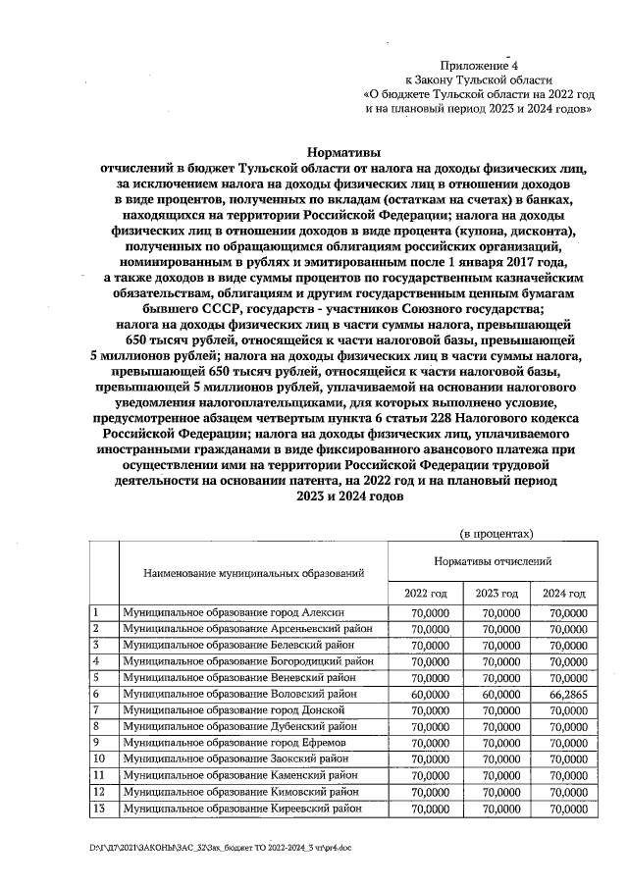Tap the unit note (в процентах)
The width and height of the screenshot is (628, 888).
click(497, 534)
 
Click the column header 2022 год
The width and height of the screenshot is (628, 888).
click(425, 594)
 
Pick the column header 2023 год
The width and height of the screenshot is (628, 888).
click(497, 594)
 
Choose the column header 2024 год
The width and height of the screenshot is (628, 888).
click(564, 594)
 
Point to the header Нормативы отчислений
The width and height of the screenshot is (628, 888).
click(493, 561)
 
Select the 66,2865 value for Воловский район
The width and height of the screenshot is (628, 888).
click(564, 693)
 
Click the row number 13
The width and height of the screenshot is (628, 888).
click(99, 808)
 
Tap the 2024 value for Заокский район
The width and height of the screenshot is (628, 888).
click(564, 758)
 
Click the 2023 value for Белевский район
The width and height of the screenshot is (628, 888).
click(497, 644)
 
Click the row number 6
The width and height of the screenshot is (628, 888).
click(97, 693)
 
